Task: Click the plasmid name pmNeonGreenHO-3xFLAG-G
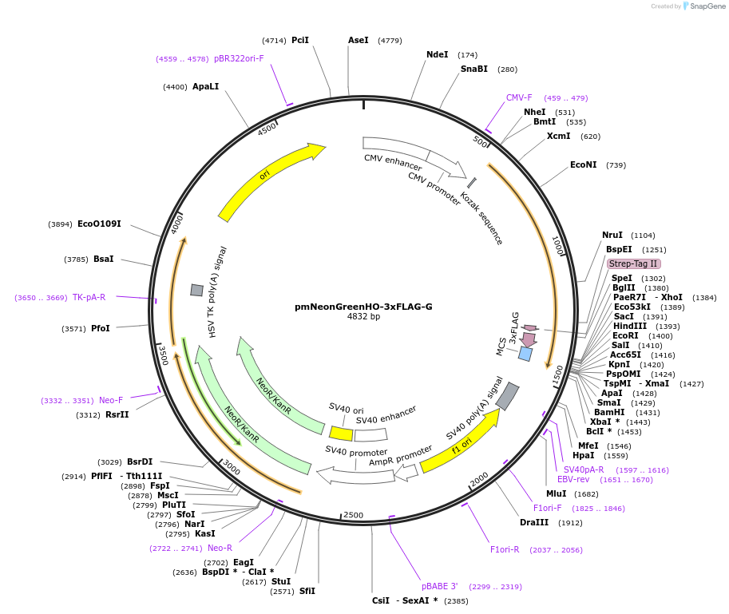363,306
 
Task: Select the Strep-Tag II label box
633,263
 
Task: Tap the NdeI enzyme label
437,55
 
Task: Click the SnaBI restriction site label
473,69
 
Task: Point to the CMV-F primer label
519,98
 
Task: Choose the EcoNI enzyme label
583,165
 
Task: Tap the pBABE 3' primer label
439,586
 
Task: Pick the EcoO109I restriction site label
99,224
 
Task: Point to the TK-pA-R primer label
89,298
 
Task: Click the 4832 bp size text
363,317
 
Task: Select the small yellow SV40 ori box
342,433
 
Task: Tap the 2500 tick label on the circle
352,516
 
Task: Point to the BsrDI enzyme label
140,461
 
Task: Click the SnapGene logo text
707,6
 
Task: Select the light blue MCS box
525,353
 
